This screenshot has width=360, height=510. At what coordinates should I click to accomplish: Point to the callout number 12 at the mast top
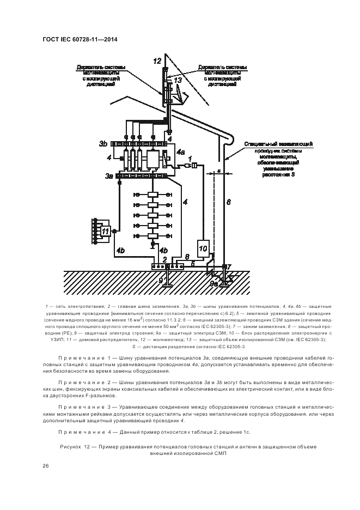click(x=157, y=60)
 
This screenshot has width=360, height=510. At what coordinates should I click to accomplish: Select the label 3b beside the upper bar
click(x=103, y=143)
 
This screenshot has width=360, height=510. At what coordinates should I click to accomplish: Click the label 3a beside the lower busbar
click(x=109, y=176)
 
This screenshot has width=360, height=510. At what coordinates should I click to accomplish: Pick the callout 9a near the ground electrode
click(x=214, y=283)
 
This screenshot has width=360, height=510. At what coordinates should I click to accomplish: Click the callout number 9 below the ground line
click(x=160, y=281)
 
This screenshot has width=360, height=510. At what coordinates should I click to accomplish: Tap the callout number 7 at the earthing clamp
click(x=229, y=266)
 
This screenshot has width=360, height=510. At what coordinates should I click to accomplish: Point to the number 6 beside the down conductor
click(x=229, y=202)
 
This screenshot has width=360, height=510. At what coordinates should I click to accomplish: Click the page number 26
click(x=46, y=466)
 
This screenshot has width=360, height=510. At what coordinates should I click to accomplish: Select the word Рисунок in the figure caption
click(x=70, y=446)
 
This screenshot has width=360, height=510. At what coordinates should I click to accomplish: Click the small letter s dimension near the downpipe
click(x=218, y=171)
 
